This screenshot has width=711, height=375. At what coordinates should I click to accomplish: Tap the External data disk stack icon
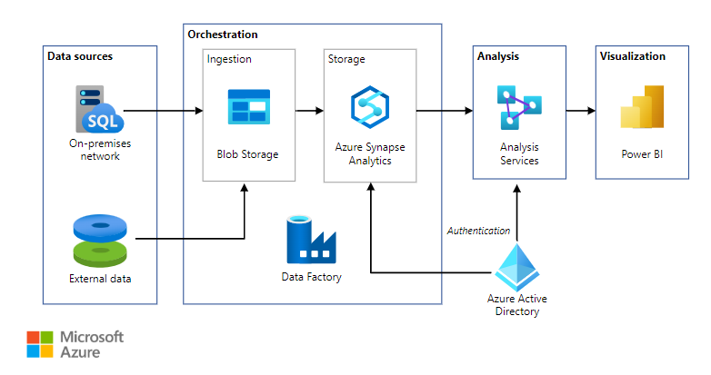click(x=99, y=239)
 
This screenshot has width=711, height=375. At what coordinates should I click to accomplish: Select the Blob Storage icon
click(x=248, y=106)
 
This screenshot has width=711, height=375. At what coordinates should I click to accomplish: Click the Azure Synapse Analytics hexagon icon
click(x=370, y=106)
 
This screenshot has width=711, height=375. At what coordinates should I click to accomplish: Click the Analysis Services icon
click(x=518, y=105)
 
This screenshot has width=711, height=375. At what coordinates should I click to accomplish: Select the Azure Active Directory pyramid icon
click(x=516, y=267)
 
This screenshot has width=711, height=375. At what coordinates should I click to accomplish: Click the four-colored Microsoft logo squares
click(x=40, y=345)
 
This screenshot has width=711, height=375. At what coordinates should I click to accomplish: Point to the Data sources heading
click(x=80, y=56)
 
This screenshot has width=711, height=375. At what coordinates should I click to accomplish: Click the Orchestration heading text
click(x=222, y=35)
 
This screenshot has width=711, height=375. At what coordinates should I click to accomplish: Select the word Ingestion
click(x=229, y=59)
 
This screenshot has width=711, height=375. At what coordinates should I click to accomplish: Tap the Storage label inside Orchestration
click(x=345, y=59)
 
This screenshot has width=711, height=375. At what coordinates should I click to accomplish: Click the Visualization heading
click(x=632, y=56)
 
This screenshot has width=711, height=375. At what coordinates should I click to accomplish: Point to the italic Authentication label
click(x=478, y=231)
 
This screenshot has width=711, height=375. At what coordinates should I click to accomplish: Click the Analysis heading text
click(x=497, y=56)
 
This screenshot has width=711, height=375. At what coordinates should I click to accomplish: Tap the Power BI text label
click(x=642, y=153)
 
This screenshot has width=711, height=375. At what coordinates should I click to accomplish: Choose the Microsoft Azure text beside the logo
click(x=91, y=345)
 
